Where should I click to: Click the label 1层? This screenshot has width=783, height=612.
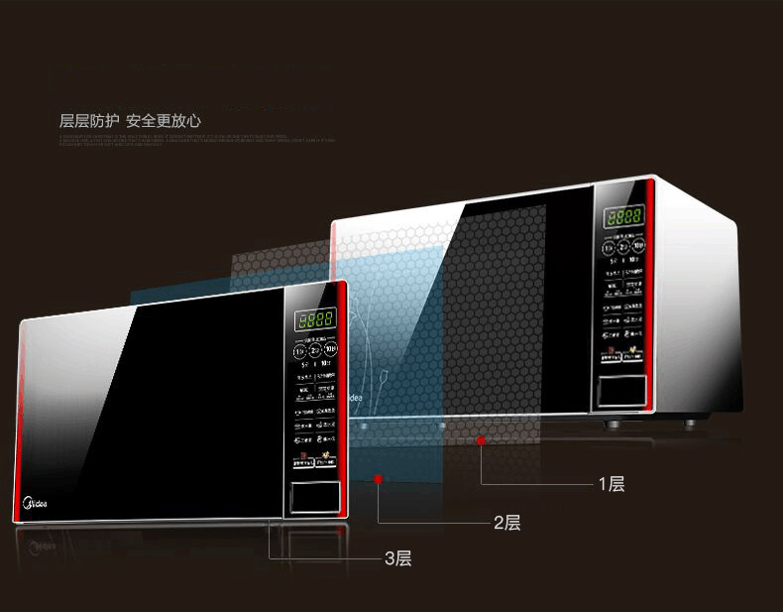[x=611, y=484]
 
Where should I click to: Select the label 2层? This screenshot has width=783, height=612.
[x=506, y=523]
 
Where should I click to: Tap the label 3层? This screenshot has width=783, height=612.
[x=397, y=558]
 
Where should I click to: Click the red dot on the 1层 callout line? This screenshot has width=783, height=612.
[x=480, y=438]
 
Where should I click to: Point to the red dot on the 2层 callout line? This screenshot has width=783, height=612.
[x=378, y=479]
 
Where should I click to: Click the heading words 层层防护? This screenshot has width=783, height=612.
[x=89, y=121]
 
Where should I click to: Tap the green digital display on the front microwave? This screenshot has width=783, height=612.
[x=313, y=320]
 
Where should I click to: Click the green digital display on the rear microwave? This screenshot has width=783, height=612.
[x=625, y=214]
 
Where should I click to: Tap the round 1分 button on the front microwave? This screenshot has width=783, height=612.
[x=298, y=349]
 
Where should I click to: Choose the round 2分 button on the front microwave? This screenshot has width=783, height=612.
[x=314, y=349]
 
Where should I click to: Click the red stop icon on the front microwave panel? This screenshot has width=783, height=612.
[x=301, y=458]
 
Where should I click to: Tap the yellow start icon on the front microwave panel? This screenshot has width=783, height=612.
[x=324, y=457]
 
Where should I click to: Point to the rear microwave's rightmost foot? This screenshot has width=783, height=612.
[x=687, y=426]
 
